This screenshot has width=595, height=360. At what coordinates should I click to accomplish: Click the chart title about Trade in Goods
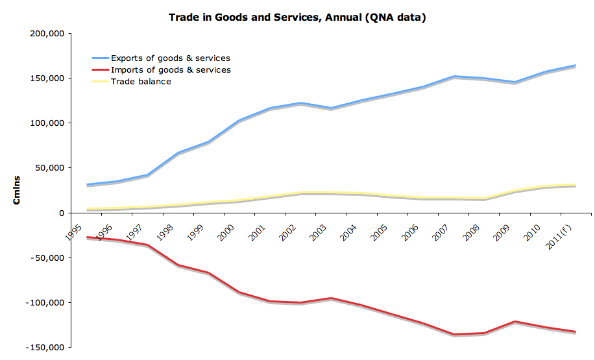click(297, 18)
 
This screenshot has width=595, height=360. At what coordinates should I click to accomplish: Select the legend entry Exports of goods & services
click(170, 58)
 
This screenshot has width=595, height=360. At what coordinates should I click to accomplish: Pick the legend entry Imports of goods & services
click(171, 70)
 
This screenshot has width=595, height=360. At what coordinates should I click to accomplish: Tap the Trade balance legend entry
click(141, 82)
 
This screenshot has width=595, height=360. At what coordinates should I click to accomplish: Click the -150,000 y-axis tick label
click(47, 348)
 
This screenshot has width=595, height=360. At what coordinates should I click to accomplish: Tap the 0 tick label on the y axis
click(62, 213)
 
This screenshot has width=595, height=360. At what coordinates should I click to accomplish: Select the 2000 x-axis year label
click(226, 230)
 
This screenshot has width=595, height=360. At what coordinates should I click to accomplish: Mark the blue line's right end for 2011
click(576, 66)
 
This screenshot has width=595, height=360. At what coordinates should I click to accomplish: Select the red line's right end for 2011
click(576, 331)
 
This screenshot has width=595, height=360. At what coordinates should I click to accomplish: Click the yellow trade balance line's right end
click(576, 185)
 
